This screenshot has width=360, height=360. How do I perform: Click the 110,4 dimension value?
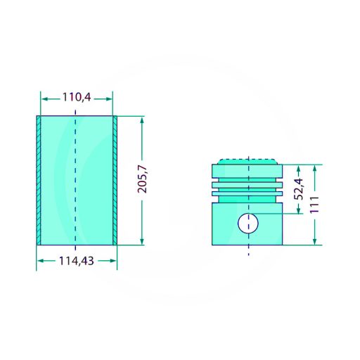coord(77,97)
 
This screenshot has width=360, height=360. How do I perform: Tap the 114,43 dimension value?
coord(77,261)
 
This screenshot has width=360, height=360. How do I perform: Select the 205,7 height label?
coord(142,179)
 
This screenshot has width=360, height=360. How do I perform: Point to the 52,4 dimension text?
coord(299,189)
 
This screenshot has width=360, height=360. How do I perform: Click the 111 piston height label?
coord(314,205)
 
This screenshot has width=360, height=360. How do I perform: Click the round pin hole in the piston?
coord(248,224)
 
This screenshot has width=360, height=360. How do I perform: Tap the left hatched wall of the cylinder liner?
coord(39,180)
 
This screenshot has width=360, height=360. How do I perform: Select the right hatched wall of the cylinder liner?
coord(115,180)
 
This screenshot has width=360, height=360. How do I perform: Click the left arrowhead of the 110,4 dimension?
coord(45,99)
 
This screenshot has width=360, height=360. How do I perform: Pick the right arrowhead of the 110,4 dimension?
coord(109,99)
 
